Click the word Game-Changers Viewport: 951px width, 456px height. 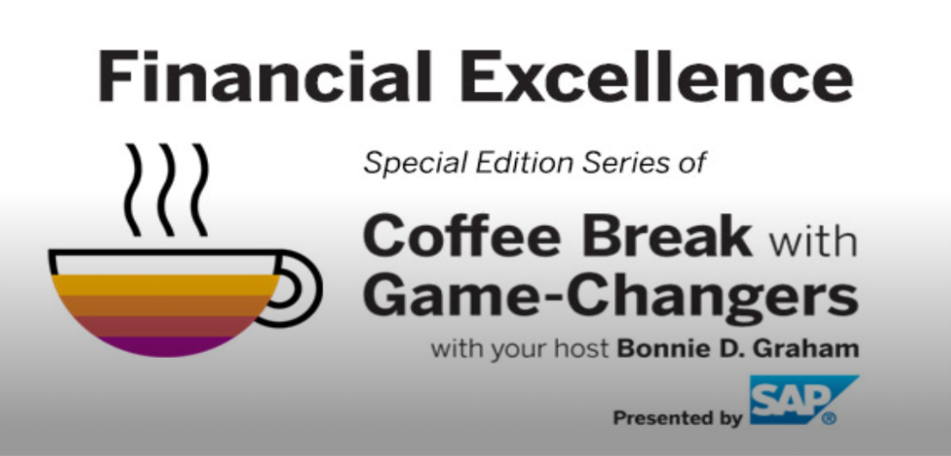pos(610,297)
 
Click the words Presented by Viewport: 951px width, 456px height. pos(678,418)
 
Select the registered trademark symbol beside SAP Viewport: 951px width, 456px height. pos(829,418)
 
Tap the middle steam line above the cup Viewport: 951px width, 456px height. pos(166,190)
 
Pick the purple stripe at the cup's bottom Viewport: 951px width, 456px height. pos(163,346)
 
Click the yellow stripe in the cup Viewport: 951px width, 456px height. pos(165,284)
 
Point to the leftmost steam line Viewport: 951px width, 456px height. pos(132,190)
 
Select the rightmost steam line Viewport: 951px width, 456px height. pos(199,190)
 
